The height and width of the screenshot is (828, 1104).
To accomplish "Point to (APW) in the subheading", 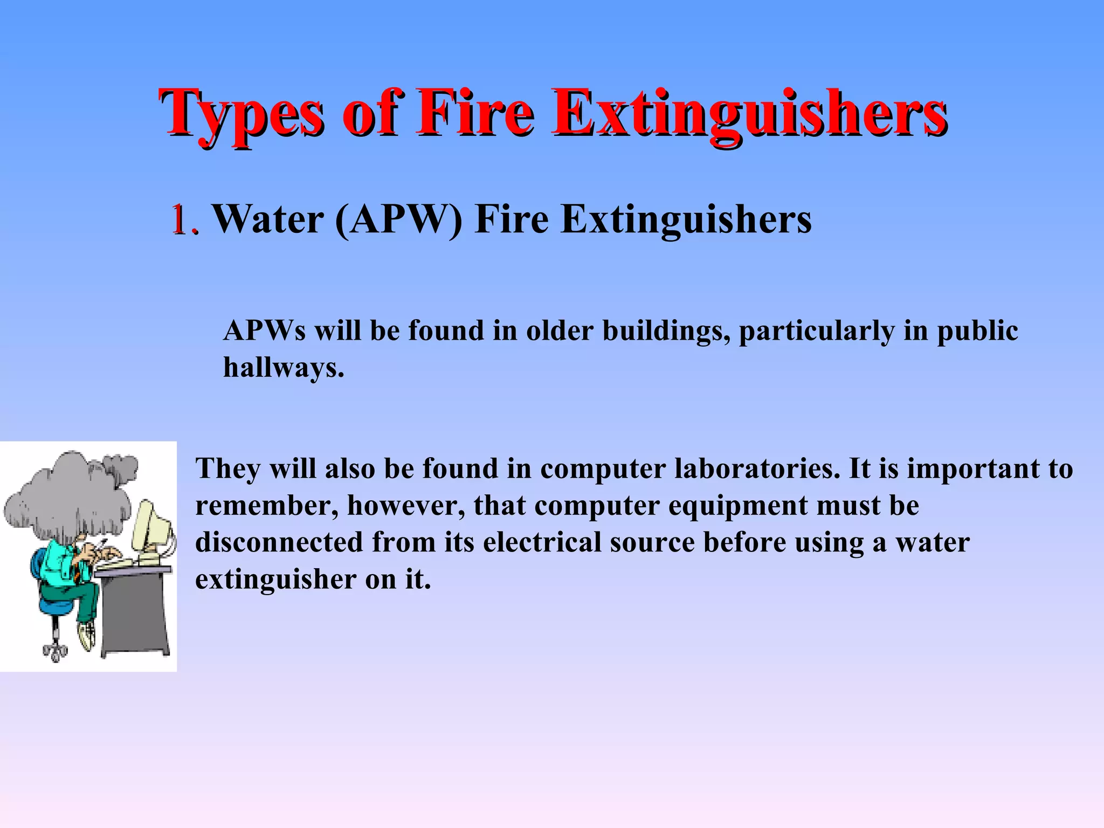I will click(x=398, y=220).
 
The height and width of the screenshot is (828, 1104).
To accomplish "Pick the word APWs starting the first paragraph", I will click(x=264, y=330).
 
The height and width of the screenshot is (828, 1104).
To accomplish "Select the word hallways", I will click(x=284, y=368).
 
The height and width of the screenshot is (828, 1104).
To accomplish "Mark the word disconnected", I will click(x=279, y=542).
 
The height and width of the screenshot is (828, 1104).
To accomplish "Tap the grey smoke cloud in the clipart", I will click(x=65, y=496).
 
